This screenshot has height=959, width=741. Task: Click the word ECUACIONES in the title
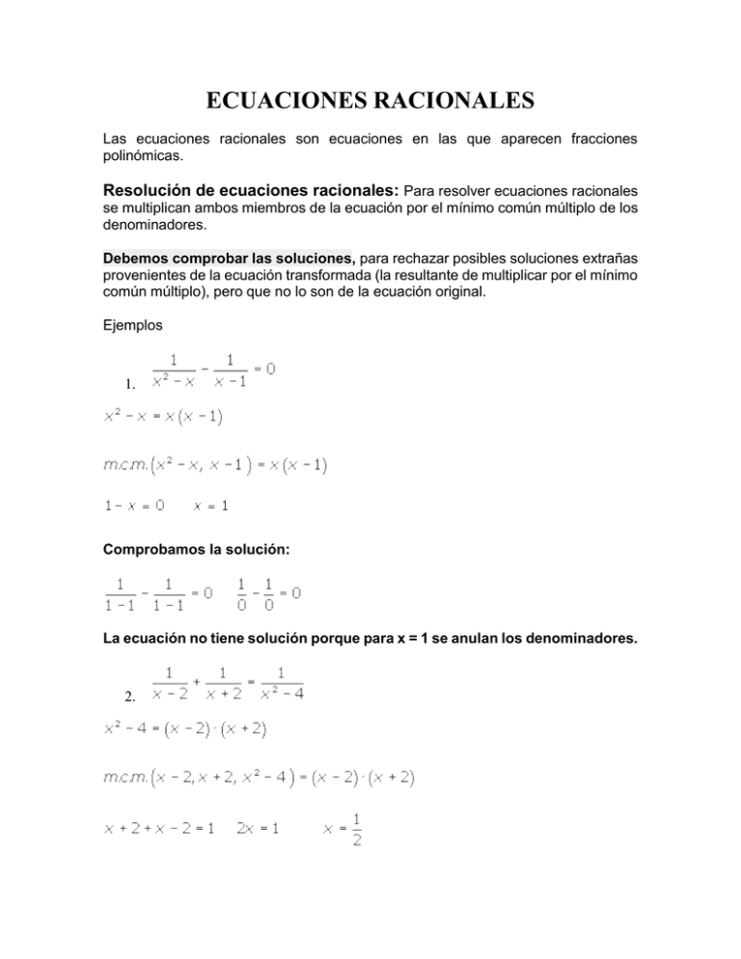coord(280,100)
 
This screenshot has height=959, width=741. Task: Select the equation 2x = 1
coord(259,828)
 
